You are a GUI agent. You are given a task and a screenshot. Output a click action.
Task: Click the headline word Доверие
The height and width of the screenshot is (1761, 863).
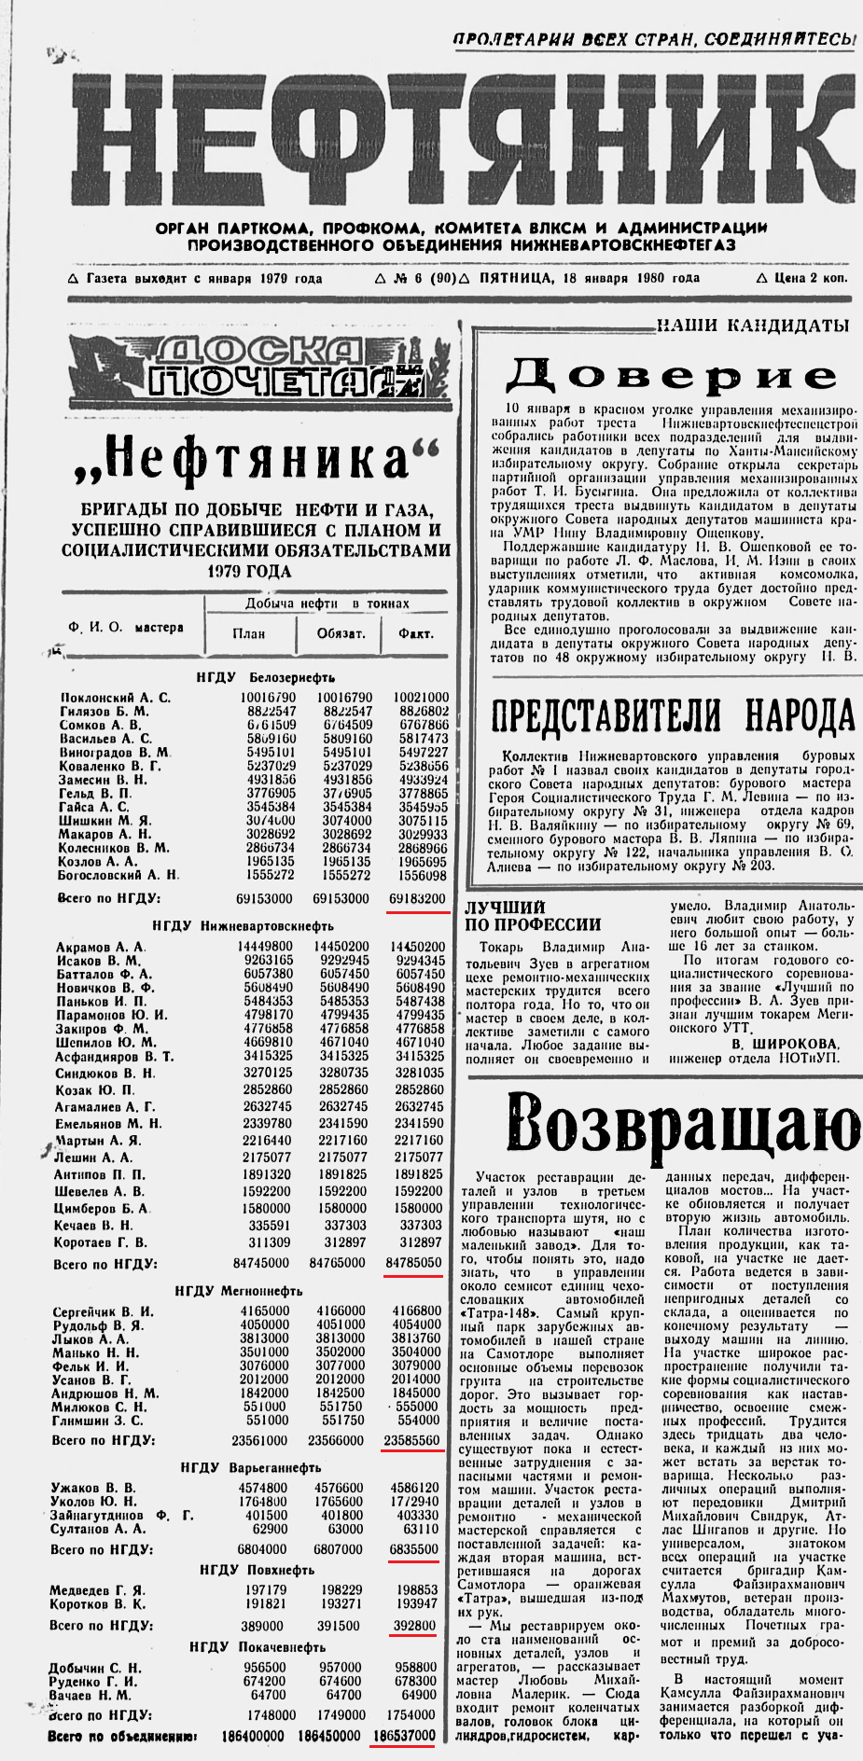click(671, 375)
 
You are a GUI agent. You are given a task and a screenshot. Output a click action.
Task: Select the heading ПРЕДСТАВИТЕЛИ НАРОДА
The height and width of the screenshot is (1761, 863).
click(672, 716)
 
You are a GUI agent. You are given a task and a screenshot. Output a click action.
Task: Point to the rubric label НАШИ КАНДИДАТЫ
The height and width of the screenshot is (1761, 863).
click(752, 326)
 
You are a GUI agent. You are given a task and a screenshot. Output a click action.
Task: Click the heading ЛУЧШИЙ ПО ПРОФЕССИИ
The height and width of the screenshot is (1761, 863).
click(533, 916)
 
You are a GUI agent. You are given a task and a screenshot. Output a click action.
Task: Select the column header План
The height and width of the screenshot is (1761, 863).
click(248, 633)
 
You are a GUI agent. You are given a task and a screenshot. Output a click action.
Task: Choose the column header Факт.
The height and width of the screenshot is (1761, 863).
click(416, 633)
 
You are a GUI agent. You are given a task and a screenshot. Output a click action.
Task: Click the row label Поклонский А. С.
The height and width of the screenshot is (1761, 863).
click(116, 697)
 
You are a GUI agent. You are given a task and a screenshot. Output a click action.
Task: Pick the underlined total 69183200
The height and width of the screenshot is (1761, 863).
click(416, 898)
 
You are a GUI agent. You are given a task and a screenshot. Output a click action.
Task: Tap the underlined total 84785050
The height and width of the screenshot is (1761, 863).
click(413, 1263)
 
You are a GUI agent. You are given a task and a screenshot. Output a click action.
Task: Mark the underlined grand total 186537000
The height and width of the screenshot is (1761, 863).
click(404, 1736)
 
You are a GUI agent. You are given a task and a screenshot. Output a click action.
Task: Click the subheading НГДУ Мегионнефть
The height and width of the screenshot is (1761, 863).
click(239, 1291)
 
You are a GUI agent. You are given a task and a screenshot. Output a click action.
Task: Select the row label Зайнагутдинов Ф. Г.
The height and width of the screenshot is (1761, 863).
click(122, 1515)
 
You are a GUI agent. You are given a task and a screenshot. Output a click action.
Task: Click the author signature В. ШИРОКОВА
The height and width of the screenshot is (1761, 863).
click(785, 1044)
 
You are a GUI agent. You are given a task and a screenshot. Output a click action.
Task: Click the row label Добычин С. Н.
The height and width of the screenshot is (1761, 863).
click(95, 1667)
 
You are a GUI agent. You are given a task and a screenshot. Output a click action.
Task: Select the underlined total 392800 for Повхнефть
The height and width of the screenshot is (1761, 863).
click(414, 1625)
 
